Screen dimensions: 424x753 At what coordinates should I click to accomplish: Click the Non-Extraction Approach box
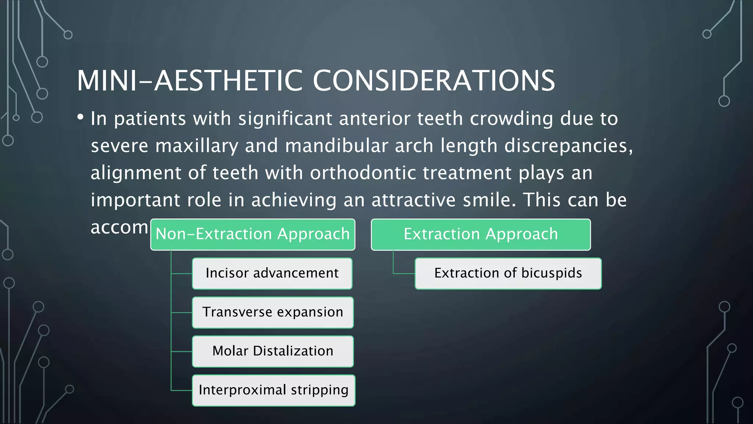pos(253,234)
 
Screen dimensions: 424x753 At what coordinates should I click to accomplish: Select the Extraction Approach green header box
pos(481,234)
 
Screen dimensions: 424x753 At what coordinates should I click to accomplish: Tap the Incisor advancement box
pos(272,273)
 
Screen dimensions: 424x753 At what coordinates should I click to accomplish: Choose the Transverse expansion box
pos(272,312)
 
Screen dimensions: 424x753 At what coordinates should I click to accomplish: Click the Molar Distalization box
pos(272,351)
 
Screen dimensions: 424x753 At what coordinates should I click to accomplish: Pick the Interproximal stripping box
pos(274,391)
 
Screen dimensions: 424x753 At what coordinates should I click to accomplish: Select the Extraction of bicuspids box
pos(508,273)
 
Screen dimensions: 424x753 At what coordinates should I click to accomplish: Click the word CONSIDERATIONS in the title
pos(434,81)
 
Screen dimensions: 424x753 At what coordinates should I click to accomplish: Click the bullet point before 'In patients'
pos(81,117)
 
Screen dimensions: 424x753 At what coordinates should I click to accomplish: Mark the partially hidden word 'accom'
pos(119,227)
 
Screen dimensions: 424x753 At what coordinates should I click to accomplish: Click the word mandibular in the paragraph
pos(336,146)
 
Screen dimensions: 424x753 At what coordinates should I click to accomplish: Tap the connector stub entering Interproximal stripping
pos(182,391)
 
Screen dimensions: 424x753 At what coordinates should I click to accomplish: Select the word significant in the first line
pos(285,119)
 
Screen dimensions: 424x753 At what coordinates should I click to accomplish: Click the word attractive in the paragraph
pos(414,200)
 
